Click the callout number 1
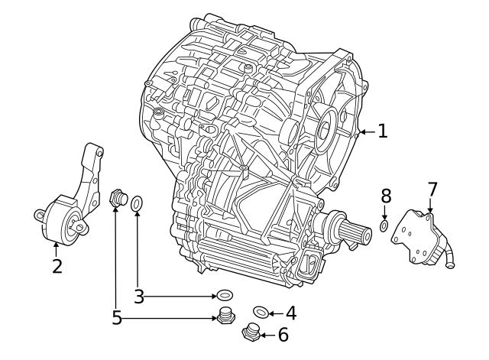point(382,131)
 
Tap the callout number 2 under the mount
point(57,267)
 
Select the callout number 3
point(138,296)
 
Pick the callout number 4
point(290,312)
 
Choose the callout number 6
point(282,334)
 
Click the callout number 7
point(432,188)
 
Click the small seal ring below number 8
point(384,227)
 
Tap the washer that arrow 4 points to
point(261,311)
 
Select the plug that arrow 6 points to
point(251,333)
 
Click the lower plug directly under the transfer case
point(225,317)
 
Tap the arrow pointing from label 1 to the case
point(367,131)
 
